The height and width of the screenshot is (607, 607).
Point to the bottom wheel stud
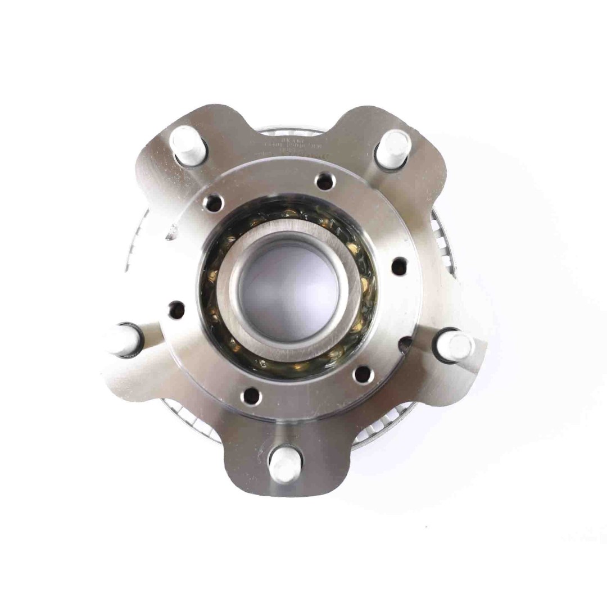point(284,464)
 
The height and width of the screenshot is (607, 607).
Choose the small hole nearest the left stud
point(176,308)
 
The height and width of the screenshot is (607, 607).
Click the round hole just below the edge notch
point(363,373)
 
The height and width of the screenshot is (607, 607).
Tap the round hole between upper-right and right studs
point(398,266)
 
